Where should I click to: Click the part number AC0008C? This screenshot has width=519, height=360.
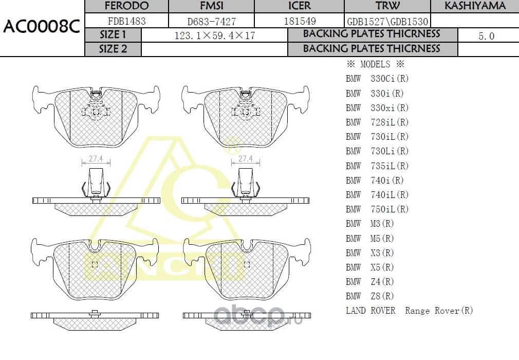pyautogui.click(x=41, y=27)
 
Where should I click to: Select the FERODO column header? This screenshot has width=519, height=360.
pyautogui.click(x=126, y=6)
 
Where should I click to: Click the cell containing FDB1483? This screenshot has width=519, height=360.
pyautogui.click(x=126, y=21)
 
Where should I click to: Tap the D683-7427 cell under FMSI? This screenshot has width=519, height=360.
pyautogui.click(x=211, y=21)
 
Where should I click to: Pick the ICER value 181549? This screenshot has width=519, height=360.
pyautogui.click(x=300, y=21)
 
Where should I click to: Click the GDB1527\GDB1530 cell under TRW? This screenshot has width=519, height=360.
pyautogui.click(x=387, y=22)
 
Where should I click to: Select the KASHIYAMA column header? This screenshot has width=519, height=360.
pyautogui.click(x=475, y=6)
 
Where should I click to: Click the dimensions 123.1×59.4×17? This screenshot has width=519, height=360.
pyautogui.click(x=215, y=35)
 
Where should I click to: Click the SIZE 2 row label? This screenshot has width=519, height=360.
pyautogui.click(x=113, y=49)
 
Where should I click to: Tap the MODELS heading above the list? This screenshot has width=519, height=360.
pyautogui.click(x=375, y=65)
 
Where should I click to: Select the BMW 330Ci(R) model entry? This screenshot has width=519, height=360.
pyautogui.click(x=377, y=79)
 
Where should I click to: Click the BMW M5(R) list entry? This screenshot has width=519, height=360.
pyautogui.click(x=369, y=239)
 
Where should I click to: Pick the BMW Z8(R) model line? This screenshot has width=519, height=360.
pyautogui.click(x=369, y=296)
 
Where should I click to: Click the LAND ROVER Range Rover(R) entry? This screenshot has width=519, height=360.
pyautogui.click(x=409, y=311)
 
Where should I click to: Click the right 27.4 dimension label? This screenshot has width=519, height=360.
pyautogui.click(x=246, y=159)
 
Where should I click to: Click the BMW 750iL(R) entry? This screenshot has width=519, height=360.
pyautogui.click(x=377, y=209)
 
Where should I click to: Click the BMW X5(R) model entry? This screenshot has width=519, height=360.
pyautogui.click(x=369, y=267)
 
